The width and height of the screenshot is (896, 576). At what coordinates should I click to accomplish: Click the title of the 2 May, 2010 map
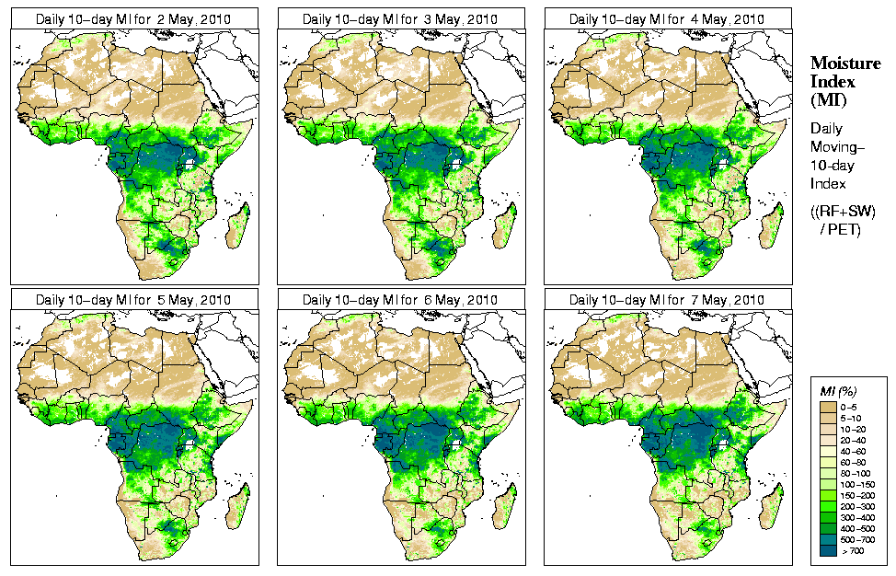tap(133, 18)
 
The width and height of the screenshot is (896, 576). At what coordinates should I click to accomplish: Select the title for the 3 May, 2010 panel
tap(400, 18)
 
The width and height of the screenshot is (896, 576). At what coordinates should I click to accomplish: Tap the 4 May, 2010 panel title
tap(667, 18)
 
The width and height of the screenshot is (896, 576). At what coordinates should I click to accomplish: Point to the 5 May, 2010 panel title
tap(133, 300)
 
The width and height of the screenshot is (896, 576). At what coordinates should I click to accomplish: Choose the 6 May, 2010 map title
tap(400, 300)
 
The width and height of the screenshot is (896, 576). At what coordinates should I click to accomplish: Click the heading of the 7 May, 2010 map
tap(667, 300)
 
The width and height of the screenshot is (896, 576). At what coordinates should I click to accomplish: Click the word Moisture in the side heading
tap(840, 63)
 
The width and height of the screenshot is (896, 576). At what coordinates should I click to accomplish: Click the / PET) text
tap(840, 229)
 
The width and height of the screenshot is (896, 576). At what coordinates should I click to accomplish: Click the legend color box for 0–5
tap(827, 406)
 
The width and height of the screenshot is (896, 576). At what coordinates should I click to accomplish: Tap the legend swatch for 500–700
tap(827, 538)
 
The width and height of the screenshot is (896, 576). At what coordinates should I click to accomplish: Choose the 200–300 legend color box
tap(827, 505)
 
